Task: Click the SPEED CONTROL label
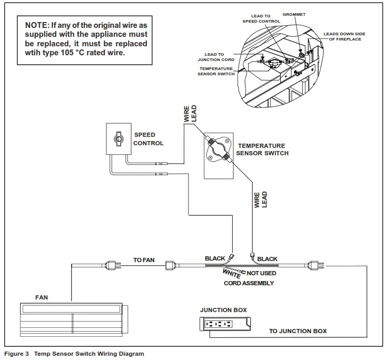[148, 139]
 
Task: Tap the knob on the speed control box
[118, 139]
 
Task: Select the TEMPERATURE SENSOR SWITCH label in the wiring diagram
[263, 149]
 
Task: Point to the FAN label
[42, 297]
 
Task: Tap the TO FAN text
[144, 260]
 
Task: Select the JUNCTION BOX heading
[223, 310]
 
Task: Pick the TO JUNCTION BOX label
[298, 331]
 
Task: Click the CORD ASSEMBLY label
[249, 283]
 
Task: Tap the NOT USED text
[261, 273]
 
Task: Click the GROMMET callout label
[294, 14]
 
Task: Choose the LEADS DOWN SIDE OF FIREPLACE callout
[345, 36]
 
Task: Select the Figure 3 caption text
[74, 354]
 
